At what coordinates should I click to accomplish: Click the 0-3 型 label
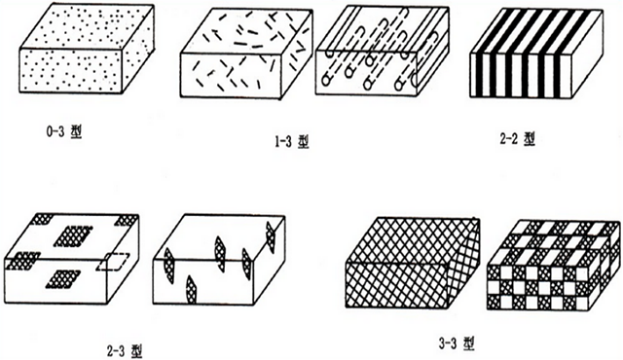[x=63, y=132]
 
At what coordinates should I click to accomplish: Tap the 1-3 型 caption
[x=291, y=142]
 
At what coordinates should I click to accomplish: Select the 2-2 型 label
[x=517, y=139]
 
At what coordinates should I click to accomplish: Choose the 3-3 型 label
[x=457, y=342]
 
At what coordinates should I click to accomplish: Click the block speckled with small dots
[x=87, y=49]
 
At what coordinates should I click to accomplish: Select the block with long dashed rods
[x=382, y=50]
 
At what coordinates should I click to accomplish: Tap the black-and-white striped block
[x=536, y=54]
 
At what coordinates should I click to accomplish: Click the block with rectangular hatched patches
[x=71, y=259]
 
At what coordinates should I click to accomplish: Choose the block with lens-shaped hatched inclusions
[x=219, y=260]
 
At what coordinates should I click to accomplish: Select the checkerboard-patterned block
[x=553, y=266]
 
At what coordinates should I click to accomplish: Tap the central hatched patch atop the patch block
[x=74, y=236]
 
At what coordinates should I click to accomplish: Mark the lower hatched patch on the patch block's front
[x=63, y=278]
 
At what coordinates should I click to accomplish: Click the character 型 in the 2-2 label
[x=530, y=139]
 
